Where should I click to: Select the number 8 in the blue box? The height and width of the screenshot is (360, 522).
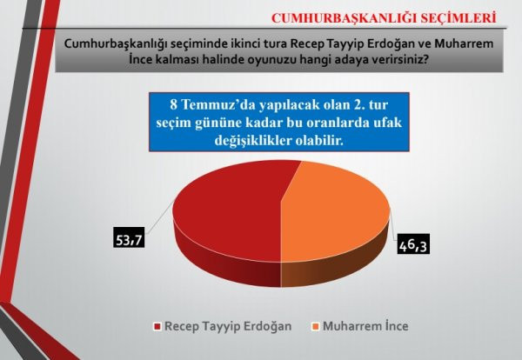[173, 107]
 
